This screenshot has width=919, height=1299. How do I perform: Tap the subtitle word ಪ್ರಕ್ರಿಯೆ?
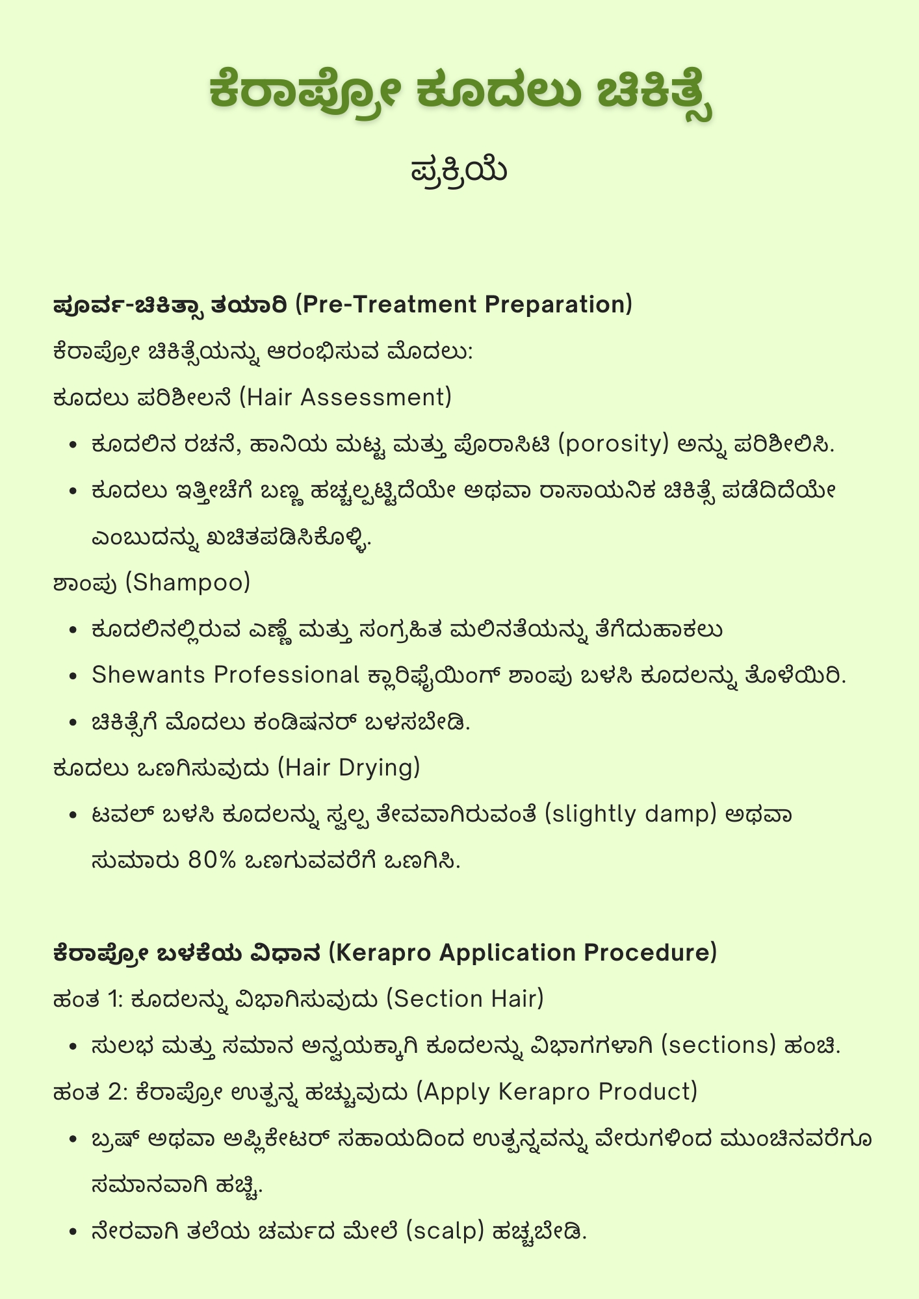[459, 171]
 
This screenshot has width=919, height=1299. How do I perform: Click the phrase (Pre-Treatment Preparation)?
[464, 305]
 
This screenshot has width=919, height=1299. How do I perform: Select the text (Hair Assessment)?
[345, 397]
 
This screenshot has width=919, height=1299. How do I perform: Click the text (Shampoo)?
[187, 583]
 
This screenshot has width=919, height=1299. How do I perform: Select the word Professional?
[287, 675]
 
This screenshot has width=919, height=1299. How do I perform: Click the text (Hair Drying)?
[349, 768]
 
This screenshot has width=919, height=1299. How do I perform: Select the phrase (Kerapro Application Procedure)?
[523, 953]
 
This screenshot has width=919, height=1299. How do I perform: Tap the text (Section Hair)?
[465, 999]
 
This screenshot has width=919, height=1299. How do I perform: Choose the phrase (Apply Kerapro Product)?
[556, 1092]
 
